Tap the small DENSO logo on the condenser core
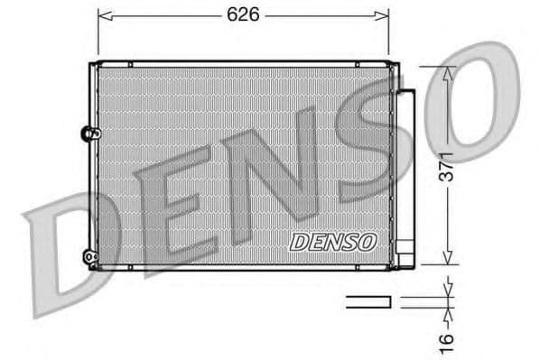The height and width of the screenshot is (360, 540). click(x=332, y=241)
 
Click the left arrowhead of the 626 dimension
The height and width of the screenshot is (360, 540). click(x=103, y=15)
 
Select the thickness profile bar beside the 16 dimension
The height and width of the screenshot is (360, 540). click(x=368, y=300)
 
